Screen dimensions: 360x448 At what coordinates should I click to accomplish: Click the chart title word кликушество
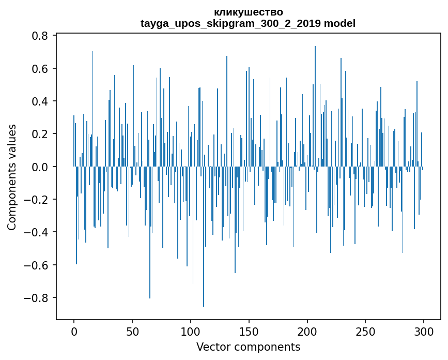click(x=248, y=12)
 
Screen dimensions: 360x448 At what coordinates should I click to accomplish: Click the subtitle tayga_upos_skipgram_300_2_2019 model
click(x=248, y=23)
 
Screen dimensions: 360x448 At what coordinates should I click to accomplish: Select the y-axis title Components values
click(x=12, y=177)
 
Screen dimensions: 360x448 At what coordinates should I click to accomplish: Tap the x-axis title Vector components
click(x=248, y=347)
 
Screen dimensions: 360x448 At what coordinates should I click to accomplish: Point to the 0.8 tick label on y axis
click(x=41, y=36)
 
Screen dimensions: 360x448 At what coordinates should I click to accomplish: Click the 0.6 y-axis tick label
click(x=41, y=69)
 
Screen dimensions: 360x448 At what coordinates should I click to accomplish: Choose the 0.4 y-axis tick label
click(x=41, y=101)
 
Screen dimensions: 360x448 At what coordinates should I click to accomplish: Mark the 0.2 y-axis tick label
click(x=41, y=134)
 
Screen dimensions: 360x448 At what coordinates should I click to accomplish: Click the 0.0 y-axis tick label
click(x=41, y=167)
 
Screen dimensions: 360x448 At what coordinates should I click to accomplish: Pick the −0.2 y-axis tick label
click(x=37, y=200)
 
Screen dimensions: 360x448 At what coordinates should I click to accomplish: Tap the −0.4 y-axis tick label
click(x=37, y=232)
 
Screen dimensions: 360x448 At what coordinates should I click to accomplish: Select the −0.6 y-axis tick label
click(x=37, y=265)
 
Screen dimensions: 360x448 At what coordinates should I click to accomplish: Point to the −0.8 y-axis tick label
click(x=37, y=298)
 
